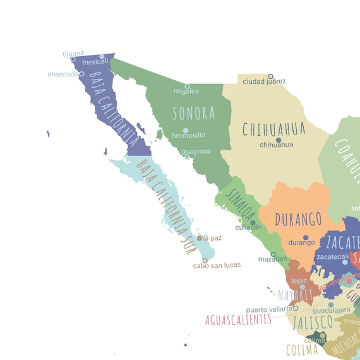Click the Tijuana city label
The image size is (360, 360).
(73, 54)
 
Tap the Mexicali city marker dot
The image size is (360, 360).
(102, 56)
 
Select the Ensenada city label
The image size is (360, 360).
(63, 74)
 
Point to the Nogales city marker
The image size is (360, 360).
(187, 86)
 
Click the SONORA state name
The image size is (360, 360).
(194, 114)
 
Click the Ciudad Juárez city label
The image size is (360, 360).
(264, 81)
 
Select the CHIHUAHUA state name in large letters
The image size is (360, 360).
(274, 129)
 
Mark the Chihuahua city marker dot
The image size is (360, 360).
(278, 140)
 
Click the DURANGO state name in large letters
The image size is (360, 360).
(299, 220)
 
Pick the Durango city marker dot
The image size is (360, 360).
(305, 238)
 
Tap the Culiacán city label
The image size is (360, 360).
(248, 227)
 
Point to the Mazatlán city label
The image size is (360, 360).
(273, 260)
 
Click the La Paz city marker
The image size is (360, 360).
(200, 238)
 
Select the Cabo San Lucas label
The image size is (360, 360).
(217, 265)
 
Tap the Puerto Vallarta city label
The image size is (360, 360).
(269, 309)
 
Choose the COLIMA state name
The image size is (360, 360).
(302, 349)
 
